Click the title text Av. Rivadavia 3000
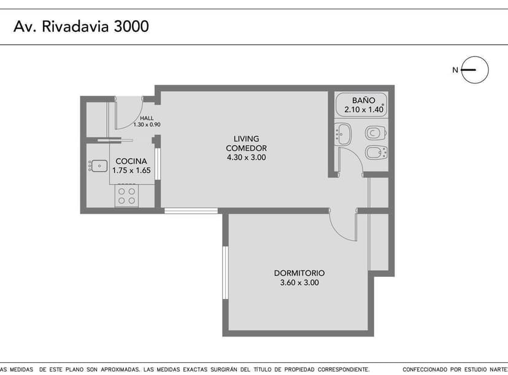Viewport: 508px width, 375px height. pos(81,27)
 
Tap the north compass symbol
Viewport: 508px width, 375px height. pos(474,70)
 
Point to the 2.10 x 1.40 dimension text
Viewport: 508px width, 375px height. pos(363,110)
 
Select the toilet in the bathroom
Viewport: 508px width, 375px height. pos(374,133)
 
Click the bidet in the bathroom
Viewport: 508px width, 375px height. pos(374,153)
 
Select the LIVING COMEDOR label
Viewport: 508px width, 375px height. pos(246,143)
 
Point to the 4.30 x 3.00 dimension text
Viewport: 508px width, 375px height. pos(246,157)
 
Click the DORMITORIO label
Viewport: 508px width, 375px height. pos(299,273)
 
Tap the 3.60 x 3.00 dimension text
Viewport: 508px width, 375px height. pos(299,283)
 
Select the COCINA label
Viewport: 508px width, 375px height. pos(131,162)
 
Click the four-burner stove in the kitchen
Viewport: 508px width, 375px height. pos(127,196)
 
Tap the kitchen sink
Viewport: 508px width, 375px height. pos(98,165)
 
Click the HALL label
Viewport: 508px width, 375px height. pos(147,118)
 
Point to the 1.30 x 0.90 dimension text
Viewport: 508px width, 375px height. pos(147,124)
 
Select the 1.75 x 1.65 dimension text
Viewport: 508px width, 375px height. pos(131,171)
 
